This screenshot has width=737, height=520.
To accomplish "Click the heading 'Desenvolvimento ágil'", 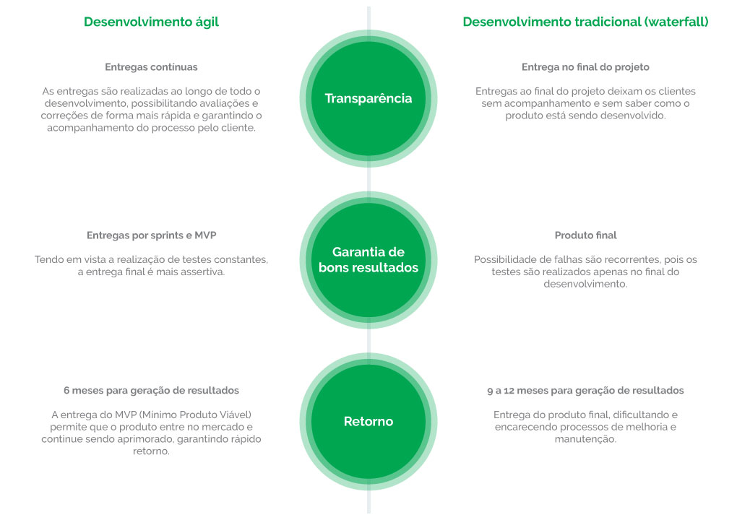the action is [151, 22].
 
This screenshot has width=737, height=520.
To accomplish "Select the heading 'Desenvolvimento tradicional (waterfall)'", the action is [586, 22].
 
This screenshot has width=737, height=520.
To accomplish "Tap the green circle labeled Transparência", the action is [368, 99].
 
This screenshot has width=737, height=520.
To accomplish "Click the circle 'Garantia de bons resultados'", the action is [368, 260].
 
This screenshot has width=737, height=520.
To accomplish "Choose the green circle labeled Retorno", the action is [368, 421].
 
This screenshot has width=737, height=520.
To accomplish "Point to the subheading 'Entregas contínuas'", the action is [151, 67].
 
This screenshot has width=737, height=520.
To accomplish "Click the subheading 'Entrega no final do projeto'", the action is [586, 67].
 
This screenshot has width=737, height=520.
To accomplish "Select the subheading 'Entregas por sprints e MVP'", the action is [151, 235].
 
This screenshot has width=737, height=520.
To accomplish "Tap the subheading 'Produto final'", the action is [586, 235].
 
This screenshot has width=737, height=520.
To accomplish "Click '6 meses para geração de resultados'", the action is [151, 390].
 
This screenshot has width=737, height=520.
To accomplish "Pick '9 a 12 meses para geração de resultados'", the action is [586, 390].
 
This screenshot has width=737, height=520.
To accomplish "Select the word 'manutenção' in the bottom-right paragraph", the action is [585, 439].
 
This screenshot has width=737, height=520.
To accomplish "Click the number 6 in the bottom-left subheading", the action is [66, 390].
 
